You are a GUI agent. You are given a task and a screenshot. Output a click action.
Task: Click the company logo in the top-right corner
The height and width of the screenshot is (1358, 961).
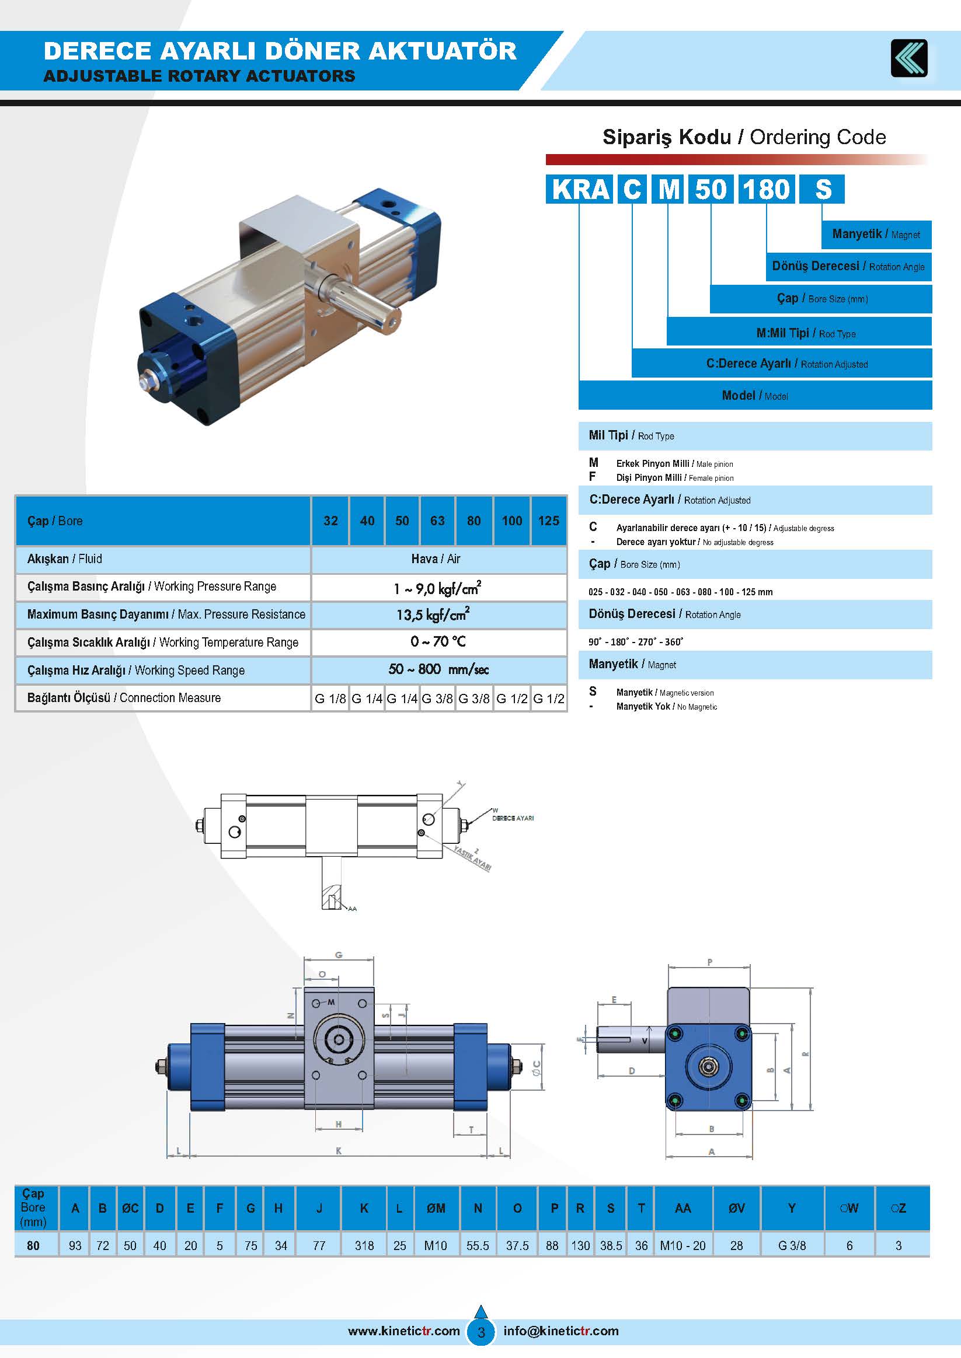909,58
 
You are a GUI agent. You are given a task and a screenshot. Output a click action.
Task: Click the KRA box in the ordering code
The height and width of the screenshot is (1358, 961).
579,189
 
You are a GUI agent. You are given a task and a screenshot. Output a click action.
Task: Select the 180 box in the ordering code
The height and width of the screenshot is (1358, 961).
767,189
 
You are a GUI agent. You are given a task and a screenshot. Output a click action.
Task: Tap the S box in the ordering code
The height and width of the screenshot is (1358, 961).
822,189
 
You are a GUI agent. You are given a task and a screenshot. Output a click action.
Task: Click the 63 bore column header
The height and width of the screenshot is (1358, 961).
437,521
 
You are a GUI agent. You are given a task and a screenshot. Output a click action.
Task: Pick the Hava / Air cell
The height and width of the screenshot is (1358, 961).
436,559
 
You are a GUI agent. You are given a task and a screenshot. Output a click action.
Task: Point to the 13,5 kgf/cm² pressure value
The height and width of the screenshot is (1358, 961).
433,615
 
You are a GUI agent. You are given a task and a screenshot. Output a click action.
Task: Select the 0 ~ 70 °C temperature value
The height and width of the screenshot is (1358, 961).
438,642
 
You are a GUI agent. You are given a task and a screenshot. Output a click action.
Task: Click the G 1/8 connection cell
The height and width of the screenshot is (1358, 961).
330,699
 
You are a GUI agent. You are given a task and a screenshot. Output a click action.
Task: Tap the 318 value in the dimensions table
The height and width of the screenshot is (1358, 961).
364,1245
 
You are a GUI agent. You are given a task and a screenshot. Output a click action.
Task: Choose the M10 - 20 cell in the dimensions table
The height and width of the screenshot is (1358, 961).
683,1245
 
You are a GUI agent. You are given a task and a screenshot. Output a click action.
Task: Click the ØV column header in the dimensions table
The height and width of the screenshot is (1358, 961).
736,1209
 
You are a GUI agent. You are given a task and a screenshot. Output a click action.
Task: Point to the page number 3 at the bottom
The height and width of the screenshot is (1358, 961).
481,1332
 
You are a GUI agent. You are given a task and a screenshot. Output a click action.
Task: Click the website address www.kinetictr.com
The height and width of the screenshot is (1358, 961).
403,1331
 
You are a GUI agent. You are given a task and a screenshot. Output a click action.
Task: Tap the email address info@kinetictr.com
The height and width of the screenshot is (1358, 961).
561,1331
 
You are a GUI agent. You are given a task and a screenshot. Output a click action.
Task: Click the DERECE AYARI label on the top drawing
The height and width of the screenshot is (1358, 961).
513,818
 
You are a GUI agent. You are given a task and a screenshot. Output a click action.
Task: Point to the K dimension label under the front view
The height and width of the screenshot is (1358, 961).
339,1151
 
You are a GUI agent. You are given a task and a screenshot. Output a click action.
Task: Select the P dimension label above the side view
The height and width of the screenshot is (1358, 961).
709,962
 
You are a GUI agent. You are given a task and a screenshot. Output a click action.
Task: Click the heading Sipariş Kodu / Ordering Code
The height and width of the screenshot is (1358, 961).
744,137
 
